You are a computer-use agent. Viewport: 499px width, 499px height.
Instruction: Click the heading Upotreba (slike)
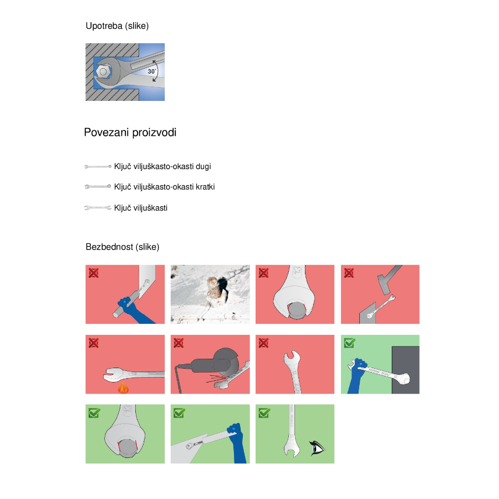tap(117, 26)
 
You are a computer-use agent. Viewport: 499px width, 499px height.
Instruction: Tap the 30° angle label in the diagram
tap(152, 72)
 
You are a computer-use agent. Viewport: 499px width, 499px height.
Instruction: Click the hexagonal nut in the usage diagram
tap(103, 72)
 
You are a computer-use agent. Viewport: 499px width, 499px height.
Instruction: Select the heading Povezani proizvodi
tap(130, 133)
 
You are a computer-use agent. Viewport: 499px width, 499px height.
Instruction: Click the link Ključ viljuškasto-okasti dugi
tap(162, 166)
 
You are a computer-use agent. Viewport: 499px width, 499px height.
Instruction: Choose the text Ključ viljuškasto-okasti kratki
tap(164, 187)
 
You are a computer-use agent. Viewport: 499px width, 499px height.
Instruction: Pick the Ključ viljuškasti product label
tap(141, 208)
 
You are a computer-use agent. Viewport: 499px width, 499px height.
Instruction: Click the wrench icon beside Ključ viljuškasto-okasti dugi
tap(98, 166)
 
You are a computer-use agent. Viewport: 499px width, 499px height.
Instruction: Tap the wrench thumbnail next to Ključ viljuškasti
tap(98, 208)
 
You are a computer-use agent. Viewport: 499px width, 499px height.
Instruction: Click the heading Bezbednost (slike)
tap(122, 247)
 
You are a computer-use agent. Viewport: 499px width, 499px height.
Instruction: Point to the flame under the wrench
tap(123, 388)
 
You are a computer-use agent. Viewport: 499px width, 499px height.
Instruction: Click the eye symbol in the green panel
tap(317, 448)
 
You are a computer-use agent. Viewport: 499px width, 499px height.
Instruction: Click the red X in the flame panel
tap(94, 343)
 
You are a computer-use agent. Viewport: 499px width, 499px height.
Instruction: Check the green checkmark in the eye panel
tap(264, 413)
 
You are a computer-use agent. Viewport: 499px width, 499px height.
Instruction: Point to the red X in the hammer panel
tap(349, 273)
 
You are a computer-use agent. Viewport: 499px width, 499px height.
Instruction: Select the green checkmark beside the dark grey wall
tap(350, 343)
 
